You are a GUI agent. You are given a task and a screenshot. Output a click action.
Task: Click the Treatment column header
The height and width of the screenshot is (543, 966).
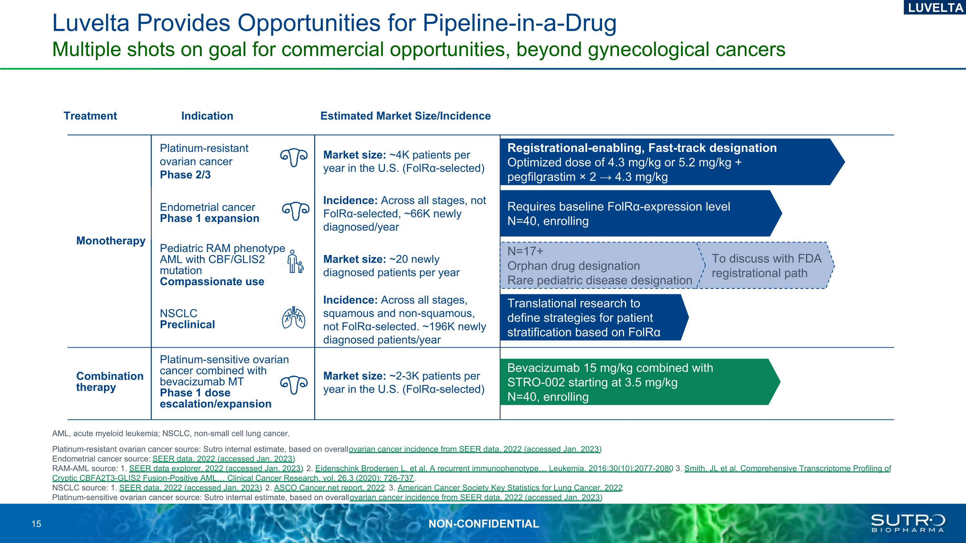(x=90, y=116)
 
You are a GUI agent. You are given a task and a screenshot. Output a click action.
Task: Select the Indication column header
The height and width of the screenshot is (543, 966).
(x=207, y=116)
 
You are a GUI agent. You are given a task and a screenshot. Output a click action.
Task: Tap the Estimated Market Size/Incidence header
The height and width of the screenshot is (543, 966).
(x=405, y=116)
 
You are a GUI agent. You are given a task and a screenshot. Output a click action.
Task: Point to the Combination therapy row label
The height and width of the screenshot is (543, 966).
(x=109, y=381)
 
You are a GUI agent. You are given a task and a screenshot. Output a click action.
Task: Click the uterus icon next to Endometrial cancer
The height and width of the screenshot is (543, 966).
(x=296, y=212)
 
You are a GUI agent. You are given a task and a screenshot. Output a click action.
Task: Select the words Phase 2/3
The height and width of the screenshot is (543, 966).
(x=185, y=175)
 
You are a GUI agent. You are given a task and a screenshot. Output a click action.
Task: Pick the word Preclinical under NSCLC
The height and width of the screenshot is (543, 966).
(x=187, y=324)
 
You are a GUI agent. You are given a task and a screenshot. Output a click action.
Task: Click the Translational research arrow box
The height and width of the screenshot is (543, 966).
(x=589, y=317)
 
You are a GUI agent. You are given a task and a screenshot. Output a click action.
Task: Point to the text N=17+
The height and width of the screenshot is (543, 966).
(x=525, y=251)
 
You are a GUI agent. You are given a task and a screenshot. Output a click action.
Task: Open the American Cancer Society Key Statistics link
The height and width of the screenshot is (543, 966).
(x=510, y=488)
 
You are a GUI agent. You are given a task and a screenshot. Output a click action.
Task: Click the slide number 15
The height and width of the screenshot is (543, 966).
(x=36, y=524)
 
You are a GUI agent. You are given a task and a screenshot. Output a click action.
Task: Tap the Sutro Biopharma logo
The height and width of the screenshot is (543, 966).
(x=907, y=523)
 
